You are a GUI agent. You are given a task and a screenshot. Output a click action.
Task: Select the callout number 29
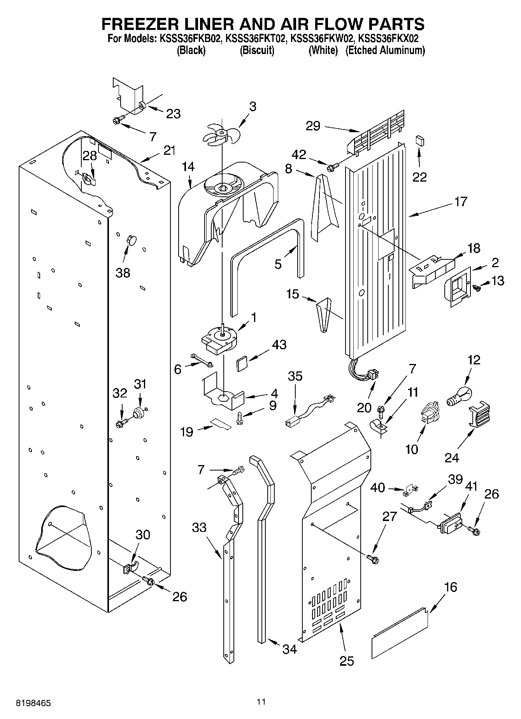tap(313, 126)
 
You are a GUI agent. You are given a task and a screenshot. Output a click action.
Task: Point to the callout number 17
tap(461, 202)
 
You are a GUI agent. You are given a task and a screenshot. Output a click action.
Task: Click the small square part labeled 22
tap(419, 140)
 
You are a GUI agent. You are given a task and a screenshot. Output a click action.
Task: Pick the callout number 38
tap(123, 273)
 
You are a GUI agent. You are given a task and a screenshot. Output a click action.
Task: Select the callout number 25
tap(347, 660)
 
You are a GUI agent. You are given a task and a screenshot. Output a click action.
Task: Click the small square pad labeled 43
tap(242, 365)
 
